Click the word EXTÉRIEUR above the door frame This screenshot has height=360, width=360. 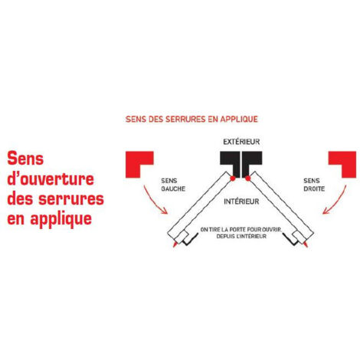coord(241,142)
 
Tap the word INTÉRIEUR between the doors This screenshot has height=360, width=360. coord(241,201)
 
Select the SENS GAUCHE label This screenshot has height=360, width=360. coord(173,185)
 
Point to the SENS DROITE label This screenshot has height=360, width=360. coord(314,185)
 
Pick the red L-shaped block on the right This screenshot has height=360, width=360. coord(349,159)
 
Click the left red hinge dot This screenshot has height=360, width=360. coord(233,178)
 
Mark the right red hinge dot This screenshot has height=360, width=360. coord(247,178)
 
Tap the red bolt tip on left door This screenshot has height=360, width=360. coord(175,244)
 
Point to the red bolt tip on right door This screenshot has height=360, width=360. coord(306,244)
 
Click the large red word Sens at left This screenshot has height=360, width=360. coord(25,159)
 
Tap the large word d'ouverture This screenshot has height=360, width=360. coord(51,178)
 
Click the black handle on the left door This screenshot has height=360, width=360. coord(190,241)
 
